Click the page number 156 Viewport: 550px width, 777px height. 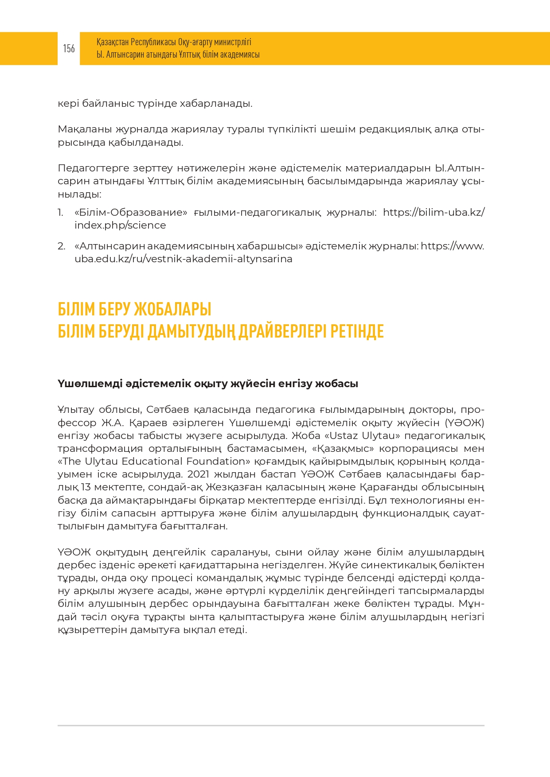pos(69,48)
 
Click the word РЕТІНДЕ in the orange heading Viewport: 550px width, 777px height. pos(357,331)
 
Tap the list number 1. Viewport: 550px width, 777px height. pos(61,213)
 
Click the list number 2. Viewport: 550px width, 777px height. pos(61,246)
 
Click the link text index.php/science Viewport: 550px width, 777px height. pos(120,225)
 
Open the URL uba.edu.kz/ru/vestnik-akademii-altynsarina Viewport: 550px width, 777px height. pos(183,259)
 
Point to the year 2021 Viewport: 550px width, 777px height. pos(198,474)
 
